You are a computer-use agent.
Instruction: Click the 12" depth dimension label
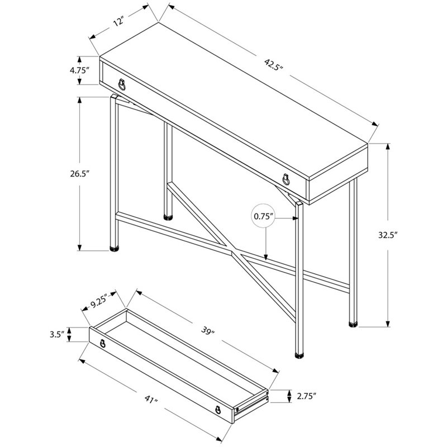click(119, 21)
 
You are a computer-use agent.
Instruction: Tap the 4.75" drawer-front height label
click(80, 70)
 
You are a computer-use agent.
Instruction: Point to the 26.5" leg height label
click(80, 173)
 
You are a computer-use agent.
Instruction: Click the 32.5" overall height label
click(388, 235)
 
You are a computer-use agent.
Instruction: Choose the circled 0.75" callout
click(264, 216)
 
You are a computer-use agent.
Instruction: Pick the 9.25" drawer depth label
click(99, 302)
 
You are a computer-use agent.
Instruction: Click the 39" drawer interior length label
click(207, 330)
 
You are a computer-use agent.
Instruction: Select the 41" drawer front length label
click(150, 399)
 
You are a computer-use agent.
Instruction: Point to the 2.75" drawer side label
click(306, 396)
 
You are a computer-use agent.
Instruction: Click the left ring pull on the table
click(122, 84)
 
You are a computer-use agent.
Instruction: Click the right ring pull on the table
click(286, 179)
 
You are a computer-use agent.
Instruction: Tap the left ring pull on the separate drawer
click(103, 343)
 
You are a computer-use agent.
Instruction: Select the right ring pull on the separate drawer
click(218, 410)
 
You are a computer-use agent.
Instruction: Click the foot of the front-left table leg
click(114, 249)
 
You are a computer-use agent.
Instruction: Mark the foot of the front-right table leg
click(299, 355)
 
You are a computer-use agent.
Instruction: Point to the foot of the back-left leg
click(168, 217)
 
